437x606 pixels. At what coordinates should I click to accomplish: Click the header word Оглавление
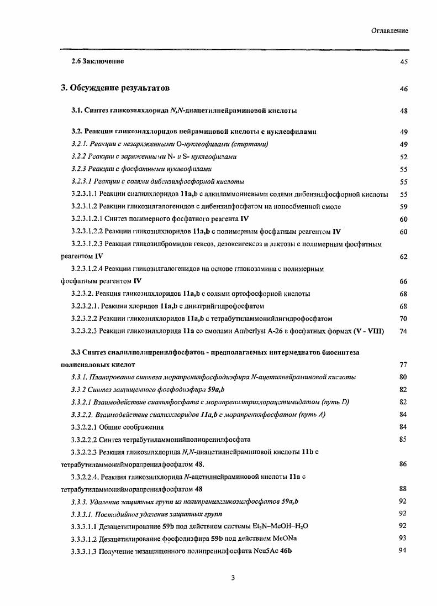tap(389, 31)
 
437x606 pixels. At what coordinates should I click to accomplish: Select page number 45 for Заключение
tap(403, 61)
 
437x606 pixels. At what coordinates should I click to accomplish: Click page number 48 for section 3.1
tap(403, 111)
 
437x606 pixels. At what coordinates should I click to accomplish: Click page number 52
tap(403, 157)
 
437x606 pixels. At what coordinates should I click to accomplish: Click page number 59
tap(403, 207)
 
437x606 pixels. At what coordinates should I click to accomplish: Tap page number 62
tap(403, 257)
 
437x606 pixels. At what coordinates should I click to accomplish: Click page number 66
tap(403, 281)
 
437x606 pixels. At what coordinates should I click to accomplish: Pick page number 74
tap(403, 331)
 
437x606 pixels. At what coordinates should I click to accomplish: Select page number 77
tap(403, 365)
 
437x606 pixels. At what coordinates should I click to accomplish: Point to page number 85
tap(403, 439)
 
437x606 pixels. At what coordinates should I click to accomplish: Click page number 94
tap(403, 551)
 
